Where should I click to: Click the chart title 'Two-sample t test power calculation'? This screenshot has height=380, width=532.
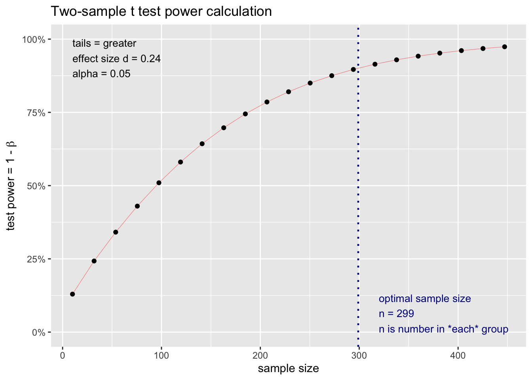(x=161, y=11)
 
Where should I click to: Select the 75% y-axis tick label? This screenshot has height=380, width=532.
(x=36, y=113)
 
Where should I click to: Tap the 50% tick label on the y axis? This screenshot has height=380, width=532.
(x=36, y=186)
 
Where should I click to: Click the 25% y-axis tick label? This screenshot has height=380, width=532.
(x=36, y=259)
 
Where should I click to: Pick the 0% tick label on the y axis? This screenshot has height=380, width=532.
(x=39, y=332)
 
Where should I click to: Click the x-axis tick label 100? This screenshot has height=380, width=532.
(x=161, y=355)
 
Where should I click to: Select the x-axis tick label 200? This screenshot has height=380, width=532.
(x=260, y=355)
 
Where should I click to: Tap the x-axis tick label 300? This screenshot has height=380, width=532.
(x=359, y=355)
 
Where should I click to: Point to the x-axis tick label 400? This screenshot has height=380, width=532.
(x=458, y=355)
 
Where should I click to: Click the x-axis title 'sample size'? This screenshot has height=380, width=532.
(x=288, y=369)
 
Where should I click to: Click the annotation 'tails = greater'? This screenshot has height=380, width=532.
(x=104, y=44)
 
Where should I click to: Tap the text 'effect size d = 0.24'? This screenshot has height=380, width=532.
(x=116, y=59)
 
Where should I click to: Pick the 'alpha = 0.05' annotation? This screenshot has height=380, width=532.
(x=101, y=74)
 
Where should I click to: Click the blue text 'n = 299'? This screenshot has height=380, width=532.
(x=396, y=314)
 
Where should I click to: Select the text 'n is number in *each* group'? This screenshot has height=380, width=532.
(x=443, y=329)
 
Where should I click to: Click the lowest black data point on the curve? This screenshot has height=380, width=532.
(x=72, y=294)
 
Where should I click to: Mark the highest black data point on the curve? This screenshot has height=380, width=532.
(x=504, y=47)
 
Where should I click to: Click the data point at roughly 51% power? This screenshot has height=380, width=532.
(x=159, y=183)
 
